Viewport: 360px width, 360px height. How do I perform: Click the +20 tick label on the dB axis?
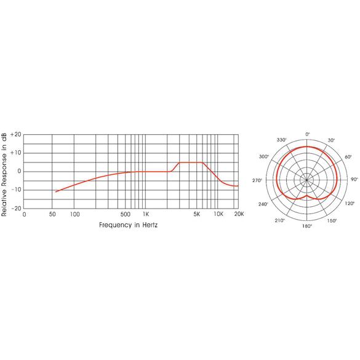point(16,135)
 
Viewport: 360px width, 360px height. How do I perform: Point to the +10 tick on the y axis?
point(16,153)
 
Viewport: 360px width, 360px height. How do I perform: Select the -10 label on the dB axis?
point(16,190)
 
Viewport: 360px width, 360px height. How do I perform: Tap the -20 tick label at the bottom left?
point(16,209)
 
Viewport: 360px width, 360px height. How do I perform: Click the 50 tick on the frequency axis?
point(52,214)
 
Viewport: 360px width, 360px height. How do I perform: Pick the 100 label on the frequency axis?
point(74,214)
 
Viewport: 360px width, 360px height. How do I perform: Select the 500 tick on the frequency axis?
point(126,214)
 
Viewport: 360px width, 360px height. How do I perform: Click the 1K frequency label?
point(146,214)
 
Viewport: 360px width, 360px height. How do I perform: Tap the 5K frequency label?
point(197,214)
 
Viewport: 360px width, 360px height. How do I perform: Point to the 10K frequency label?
point(218,214)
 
